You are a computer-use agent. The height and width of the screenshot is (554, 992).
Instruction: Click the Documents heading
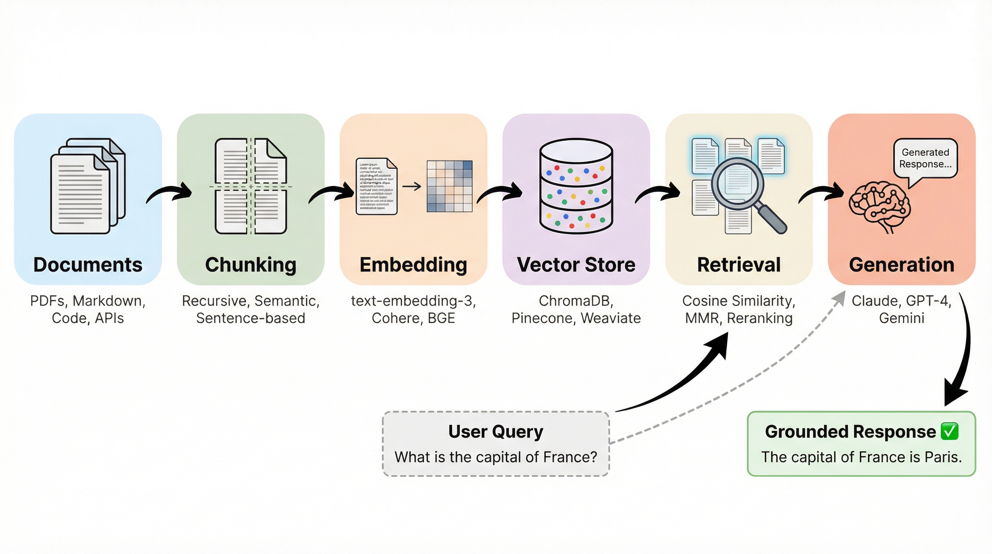click(x=88, y=265)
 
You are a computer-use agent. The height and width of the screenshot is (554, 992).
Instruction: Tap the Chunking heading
click(x=251, y=265)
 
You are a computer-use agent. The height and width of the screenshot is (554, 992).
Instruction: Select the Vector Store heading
click(x=576, y=265)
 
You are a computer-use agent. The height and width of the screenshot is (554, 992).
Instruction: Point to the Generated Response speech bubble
click(x=925, y=158)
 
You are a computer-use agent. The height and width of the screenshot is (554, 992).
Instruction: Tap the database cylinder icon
click(x=576, y=186)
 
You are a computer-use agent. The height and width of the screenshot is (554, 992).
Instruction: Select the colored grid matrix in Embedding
click(x=449, y=186)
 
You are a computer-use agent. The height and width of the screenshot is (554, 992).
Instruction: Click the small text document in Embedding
click(x=376, y=186)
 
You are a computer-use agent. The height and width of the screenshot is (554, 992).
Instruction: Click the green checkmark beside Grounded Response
click(x=949, y=431)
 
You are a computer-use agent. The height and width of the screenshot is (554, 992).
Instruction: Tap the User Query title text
click(x=496, y=431)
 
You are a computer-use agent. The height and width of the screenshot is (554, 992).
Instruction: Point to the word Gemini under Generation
click(x=902, y=318)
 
